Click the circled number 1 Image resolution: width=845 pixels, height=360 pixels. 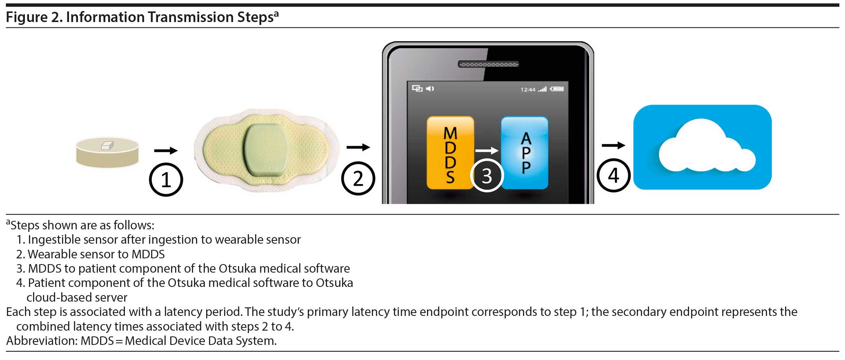coord(166,180)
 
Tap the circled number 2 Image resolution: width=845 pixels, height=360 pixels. coord(358,178)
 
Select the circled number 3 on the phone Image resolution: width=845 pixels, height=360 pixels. coord(487,176)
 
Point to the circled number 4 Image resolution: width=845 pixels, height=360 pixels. coord(614,176)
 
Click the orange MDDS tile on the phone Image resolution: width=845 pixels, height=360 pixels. coord(450,153)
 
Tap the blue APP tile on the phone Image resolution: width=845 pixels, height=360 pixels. coord(525,153)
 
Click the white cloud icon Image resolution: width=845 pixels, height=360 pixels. coord(706,145)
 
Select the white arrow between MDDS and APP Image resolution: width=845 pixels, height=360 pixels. coord(487,151)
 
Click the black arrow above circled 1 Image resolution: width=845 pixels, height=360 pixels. coord(166,151)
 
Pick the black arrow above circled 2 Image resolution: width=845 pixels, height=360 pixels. coord(358,147)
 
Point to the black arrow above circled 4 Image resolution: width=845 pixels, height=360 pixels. coord(614,145)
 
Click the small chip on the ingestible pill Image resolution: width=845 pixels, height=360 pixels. coord(107,145)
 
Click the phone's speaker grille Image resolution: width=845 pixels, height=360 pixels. coord(488,64)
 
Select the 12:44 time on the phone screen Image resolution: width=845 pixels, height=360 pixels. coord(528,89)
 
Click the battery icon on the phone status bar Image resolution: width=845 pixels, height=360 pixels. coord(557,89)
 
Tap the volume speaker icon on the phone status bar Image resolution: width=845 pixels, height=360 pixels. coord(430,88)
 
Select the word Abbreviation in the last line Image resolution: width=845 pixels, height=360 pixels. coord(42,340)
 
